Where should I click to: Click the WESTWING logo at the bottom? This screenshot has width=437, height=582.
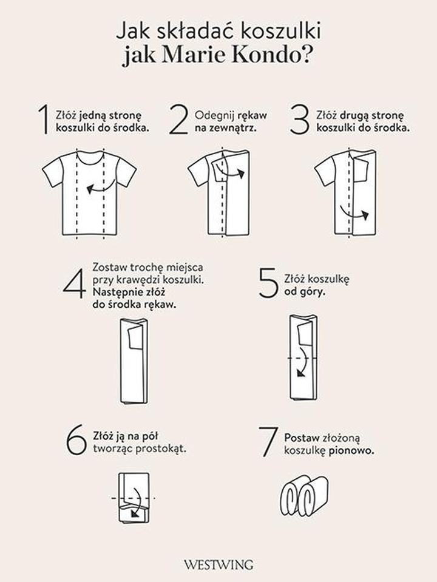coord(218,565)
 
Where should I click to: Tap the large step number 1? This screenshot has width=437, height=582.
coord(44,120)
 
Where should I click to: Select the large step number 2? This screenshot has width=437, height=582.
coord(178,120)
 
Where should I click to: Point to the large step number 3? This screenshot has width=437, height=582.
coord(299,120)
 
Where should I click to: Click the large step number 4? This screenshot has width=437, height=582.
coord(75,283)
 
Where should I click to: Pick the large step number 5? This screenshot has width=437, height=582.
coord(268,283)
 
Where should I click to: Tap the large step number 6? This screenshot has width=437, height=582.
coord(76,440)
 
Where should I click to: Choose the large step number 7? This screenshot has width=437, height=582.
coord(268,442)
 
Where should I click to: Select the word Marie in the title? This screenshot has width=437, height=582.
coord(192,55)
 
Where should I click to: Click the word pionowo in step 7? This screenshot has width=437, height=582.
coord(351,451)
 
